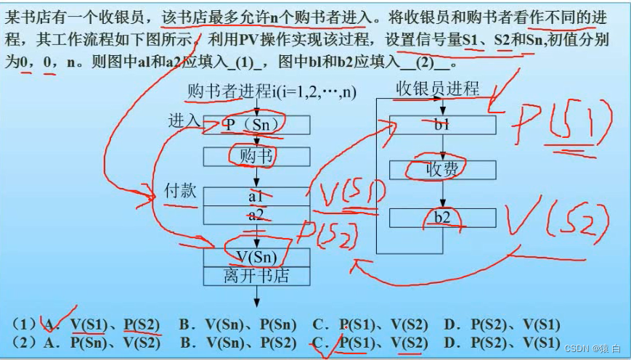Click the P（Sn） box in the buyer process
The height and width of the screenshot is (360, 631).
[x=256, y=125]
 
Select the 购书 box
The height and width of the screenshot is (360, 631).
[x=256, y=156]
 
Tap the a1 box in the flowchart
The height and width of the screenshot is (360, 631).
[x=256, y=196]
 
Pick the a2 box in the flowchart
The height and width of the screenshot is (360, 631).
[x=256, y=215]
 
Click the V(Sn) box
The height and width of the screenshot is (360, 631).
[x=256, y=257]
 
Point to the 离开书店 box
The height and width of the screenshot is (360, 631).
[x=256, y=276]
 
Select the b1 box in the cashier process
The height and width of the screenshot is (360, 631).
[x=442, y=125]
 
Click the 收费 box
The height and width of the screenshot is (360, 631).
[x=442, y=170]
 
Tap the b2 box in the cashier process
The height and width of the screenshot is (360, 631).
[x=442, y=218]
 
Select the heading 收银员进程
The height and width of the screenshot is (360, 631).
[x=437, y=89]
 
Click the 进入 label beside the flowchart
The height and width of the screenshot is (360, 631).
[x=184, y=120]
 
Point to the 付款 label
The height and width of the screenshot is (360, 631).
[x=181, y=191]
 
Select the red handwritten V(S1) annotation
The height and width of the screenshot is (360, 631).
[x=346, y=192]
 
